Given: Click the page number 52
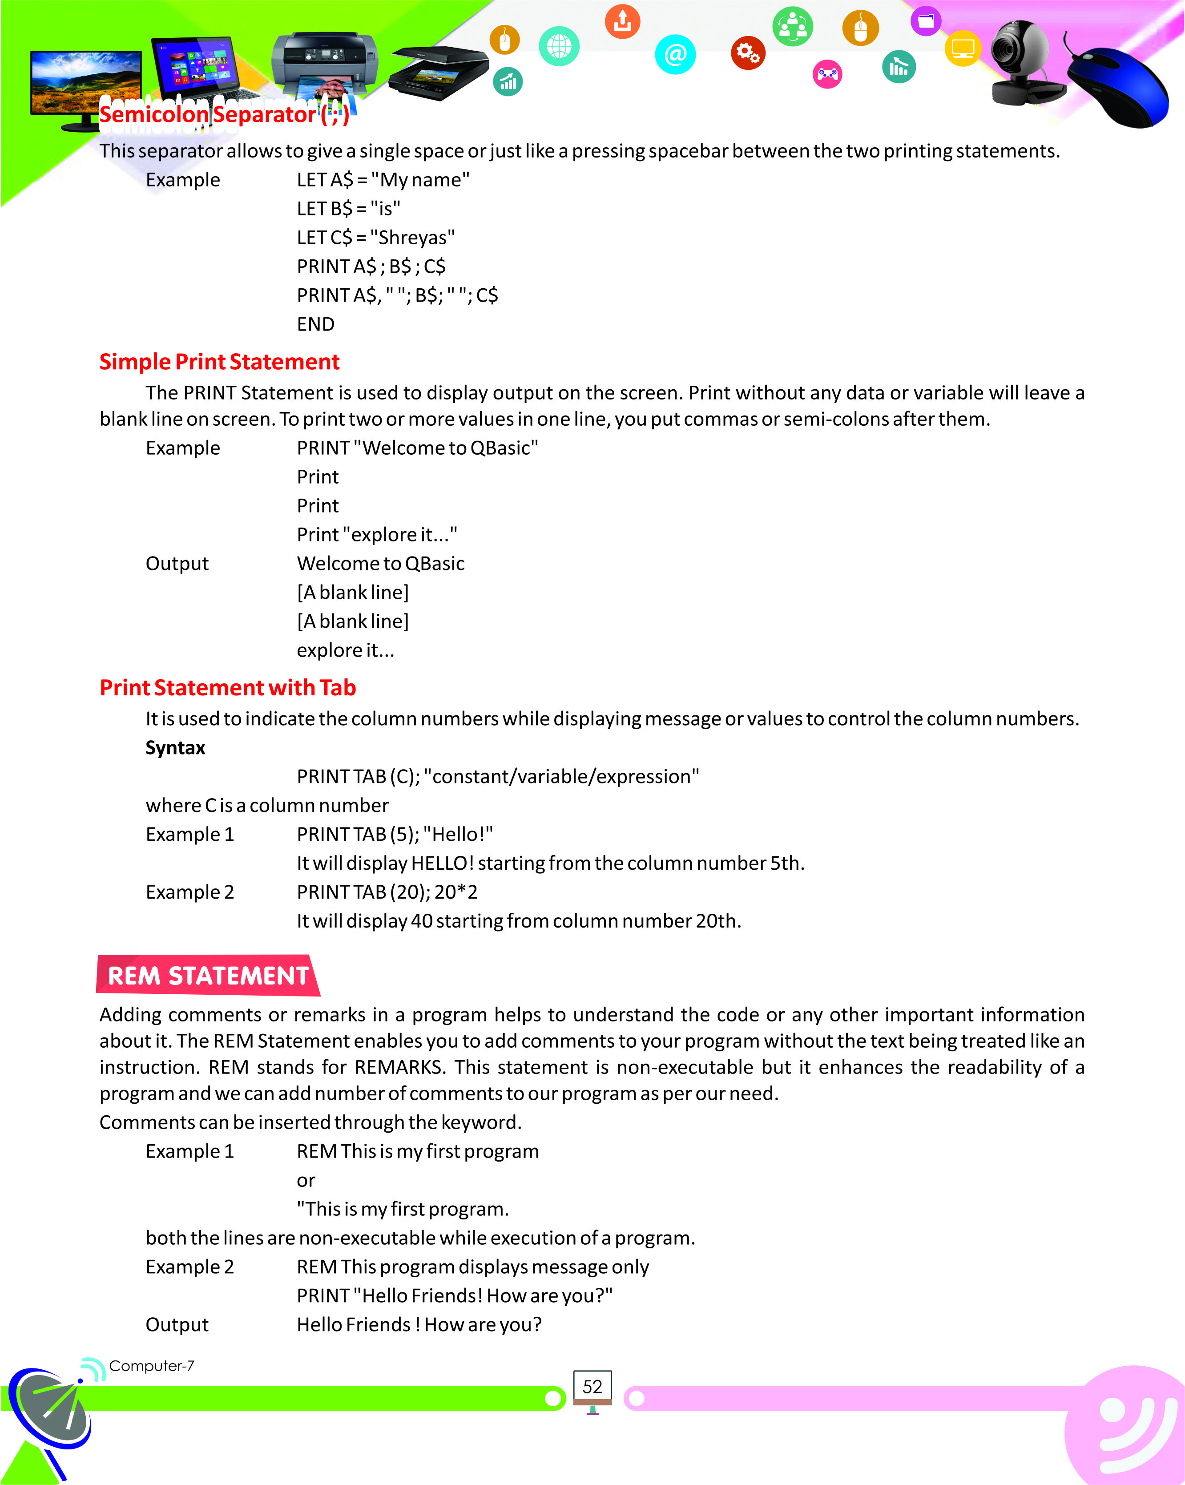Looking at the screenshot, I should coord(592,1387).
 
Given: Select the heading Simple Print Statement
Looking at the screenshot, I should coord(219,362).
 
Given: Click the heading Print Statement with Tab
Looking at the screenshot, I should coord(227,687).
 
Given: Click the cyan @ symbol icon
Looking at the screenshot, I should coord(675,54).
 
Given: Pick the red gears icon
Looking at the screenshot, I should coord(747,52).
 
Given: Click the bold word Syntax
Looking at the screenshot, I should coord(175,747).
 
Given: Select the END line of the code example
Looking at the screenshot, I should coord(315,324).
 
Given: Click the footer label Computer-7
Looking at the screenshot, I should coord(152,1366).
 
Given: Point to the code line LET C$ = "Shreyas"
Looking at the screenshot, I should coord(375,238).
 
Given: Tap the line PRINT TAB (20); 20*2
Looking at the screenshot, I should coord(387,892).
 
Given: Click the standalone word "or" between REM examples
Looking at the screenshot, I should coord(306,1181).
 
